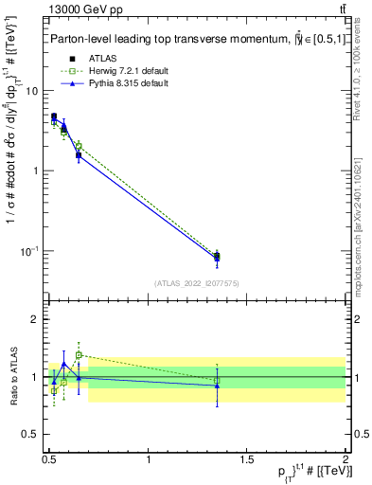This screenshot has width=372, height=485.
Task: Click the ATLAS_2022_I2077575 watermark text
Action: tap(197, 282)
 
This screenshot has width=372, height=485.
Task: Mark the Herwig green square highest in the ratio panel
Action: tap(79, 355)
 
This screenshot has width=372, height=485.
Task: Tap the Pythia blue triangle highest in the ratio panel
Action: tap(64, 364)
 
